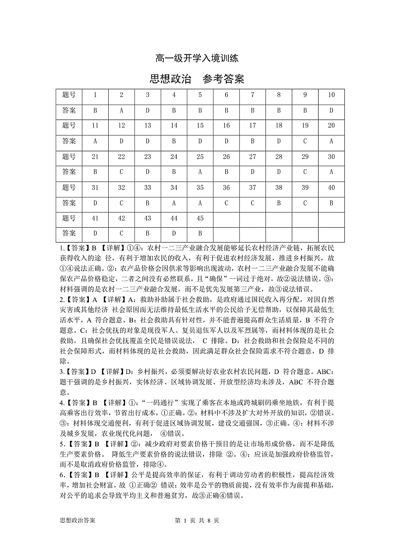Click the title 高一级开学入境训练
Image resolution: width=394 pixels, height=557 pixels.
click(197, 59)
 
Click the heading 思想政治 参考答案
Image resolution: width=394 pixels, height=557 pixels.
click(197, 79)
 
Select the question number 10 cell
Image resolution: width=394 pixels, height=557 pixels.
click(331, 95)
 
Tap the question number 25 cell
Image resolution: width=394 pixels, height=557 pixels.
click(200, 156)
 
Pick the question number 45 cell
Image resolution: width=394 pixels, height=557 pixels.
click(200, 218)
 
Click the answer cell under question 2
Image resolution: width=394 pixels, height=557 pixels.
click(122, 110)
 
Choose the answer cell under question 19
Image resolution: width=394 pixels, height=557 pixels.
click(305, 141)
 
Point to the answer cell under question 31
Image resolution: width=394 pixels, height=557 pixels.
click(95, 202)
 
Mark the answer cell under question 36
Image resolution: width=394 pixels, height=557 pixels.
click(226, 202)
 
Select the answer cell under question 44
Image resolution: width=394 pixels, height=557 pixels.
click(174, 233)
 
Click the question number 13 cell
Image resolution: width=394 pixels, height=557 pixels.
click(147, 125)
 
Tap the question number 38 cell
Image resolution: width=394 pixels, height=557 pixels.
click(279, 187)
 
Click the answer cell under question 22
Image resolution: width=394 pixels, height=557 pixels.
click(122, 172)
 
